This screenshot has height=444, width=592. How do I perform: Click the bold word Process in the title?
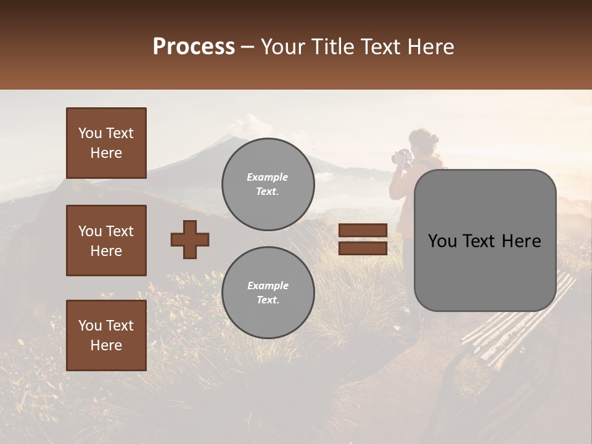pyautogui.click(x=194, y=46)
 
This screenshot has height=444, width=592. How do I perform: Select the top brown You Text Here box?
pyautogui.click(x=106, y=143)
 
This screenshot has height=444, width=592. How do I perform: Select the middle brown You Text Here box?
pyautogui.click(x=106, y=240)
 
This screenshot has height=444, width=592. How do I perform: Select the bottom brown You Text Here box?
pyautogui.click(x=106, y=335)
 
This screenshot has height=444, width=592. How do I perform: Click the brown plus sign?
pyautogui.click(x=190, y=239)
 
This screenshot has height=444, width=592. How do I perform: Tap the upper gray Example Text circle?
pyautogui.click(x=268, y=184)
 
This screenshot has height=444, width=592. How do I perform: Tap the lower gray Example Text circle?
pyautogui.click(x=268, y=293)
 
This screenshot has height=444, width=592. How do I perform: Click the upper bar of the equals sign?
pyautogui.click(x=363, y=230)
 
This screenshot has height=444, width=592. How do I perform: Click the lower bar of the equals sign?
pyautogui.click(x=363, y=248)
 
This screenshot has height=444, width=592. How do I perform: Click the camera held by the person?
pyautogui.click(x=401, y=157)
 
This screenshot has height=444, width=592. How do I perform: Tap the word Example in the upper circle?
pyautogui.click(x=268, y=177)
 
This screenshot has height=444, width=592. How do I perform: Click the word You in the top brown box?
pyautogui.click(x=90, y=133)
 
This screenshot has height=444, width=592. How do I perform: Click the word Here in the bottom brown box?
pyautogui.click(x=106, y=345)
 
